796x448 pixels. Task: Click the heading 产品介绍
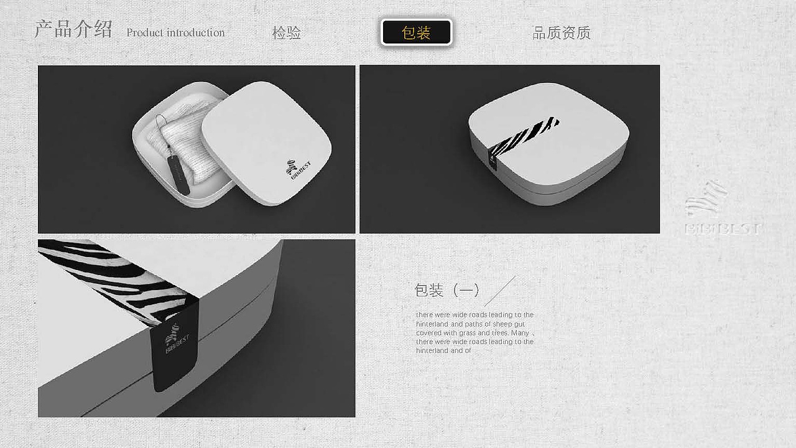tap(73, 29)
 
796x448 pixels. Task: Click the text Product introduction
tap(175, 33)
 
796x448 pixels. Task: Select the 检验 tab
tap(287, 33)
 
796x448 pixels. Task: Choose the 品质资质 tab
tap(562, 33)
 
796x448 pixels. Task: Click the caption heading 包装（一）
tap(447, 291)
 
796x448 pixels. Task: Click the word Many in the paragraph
tap(520, 333)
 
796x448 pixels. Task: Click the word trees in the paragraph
tap(499, 333)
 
